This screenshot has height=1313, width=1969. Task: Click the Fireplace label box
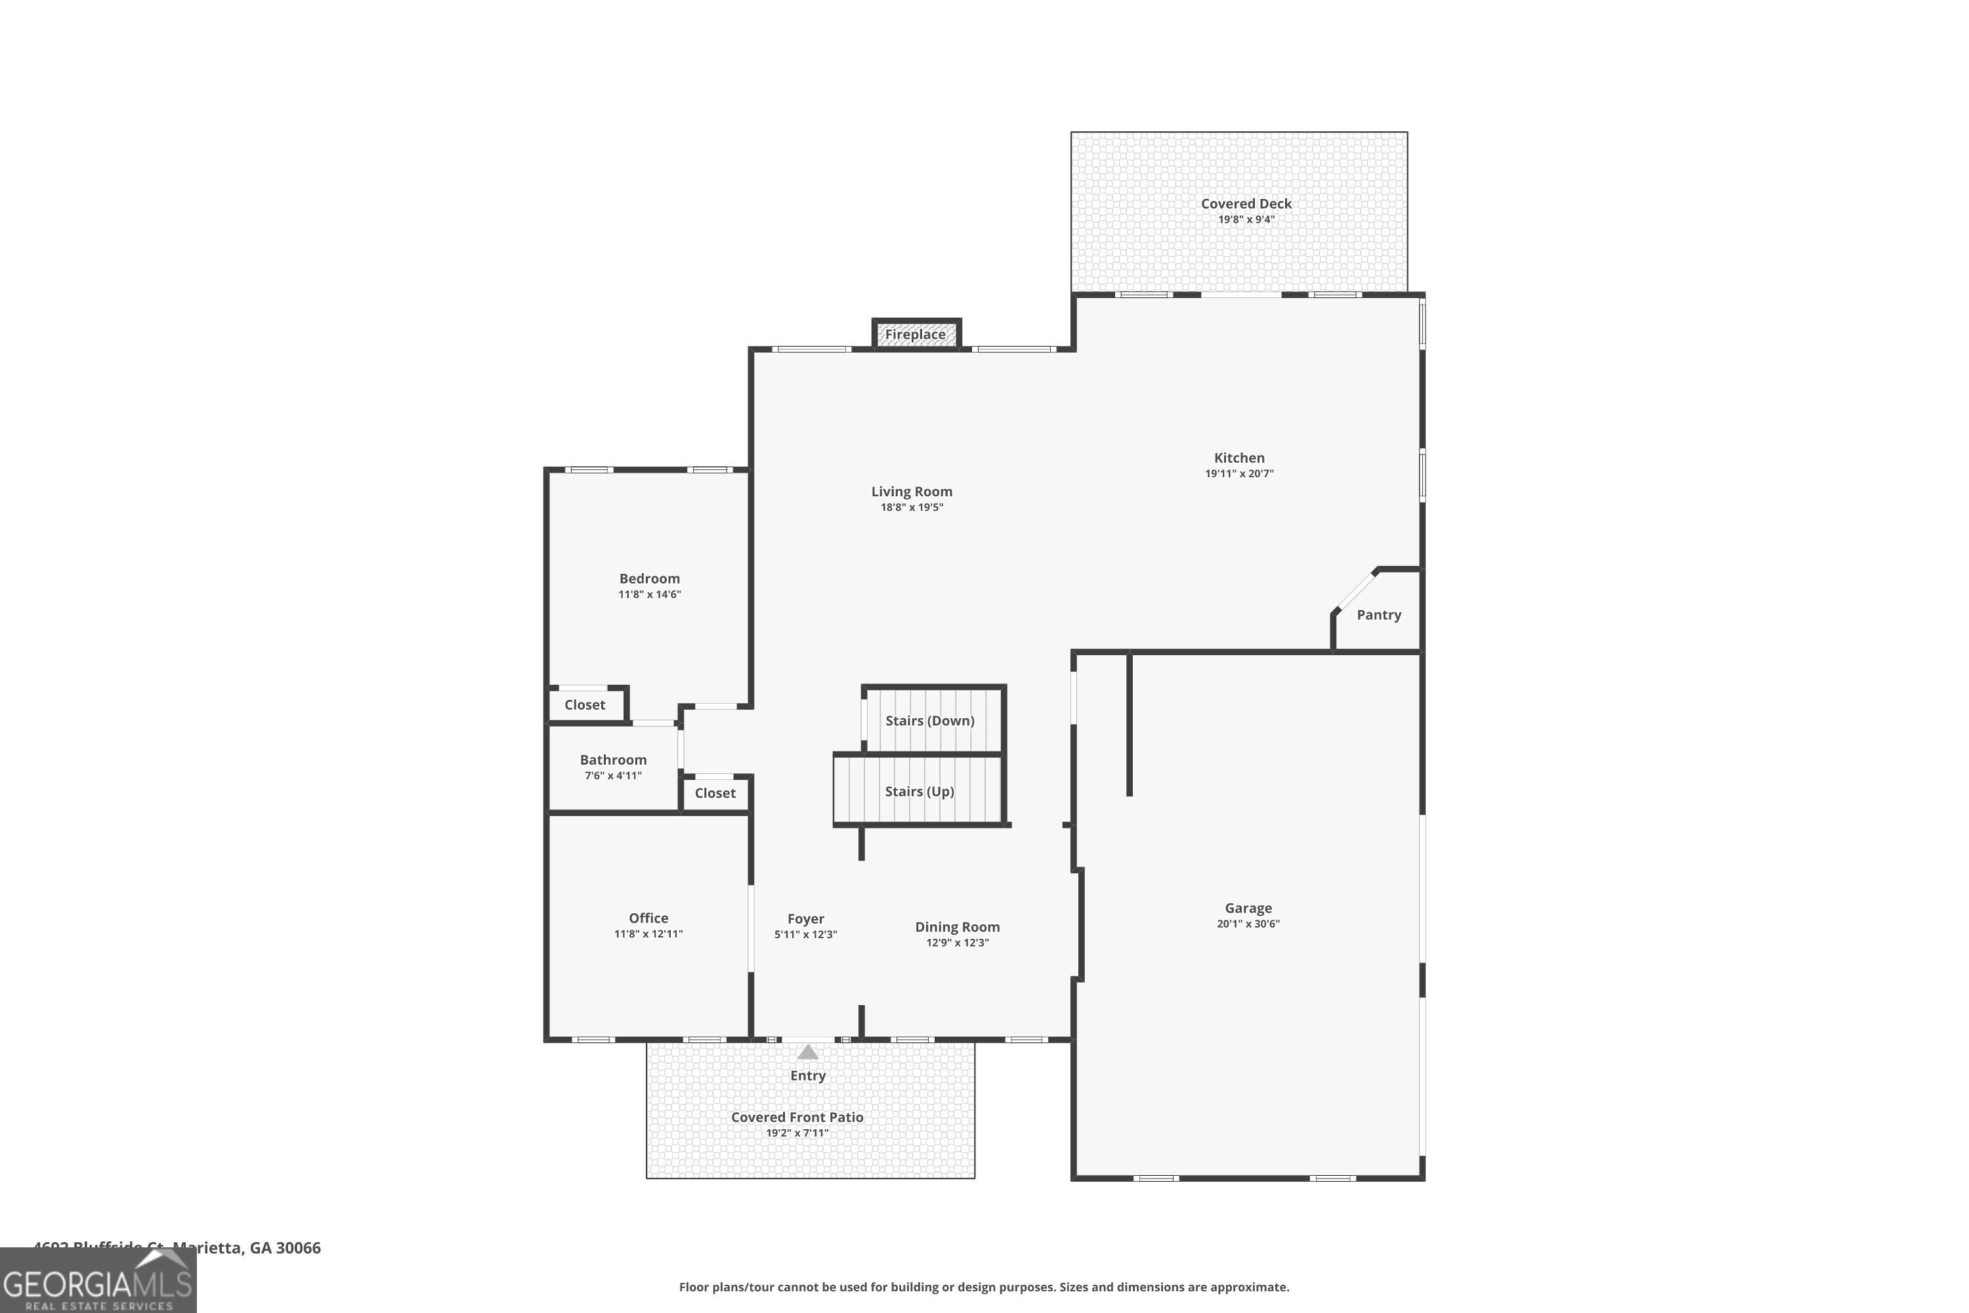tap(916, 334)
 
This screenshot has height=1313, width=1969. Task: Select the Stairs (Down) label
tap(929, 720)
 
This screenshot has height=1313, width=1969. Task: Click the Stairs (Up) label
tap(920, 791)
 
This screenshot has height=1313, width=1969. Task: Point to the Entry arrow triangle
tap(807, 1052)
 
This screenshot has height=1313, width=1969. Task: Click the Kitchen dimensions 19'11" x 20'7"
tap(1239, 474)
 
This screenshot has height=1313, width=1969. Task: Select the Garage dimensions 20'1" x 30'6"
tap(1248, 924)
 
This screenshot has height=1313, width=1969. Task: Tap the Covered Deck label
tap(1246, 204)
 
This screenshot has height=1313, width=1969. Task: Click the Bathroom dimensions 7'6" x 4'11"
tap(613, 776)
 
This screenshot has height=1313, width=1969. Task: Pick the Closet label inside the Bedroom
tap(584, 705)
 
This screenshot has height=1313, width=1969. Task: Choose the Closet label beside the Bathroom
tap(715, 793)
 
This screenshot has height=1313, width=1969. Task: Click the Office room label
tap(648, 918)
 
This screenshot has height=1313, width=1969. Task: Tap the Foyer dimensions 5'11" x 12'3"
tap(805, 934)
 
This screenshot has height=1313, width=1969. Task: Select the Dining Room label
tap(957, 927)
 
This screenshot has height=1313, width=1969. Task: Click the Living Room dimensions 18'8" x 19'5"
tap(912, 507)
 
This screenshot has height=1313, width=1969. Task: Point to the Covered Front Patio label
tap(797, 1117)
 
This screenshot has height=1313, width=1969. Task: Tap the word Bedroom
tap(649, 578)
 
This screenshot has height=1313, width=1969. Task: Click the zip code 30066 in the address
tap(298, 1248)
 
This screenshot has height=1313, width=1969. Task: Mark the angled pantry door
tap(1353, 592)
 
